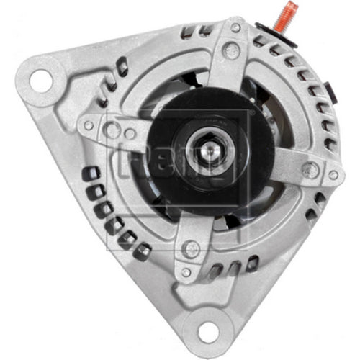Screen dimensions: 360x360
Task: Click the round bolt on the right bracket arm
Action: (310, 170)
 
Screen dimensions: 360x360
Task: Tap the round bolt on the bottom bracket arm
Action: (190, 249)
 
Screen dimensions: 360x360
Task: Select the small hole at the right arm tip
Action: (333, 175)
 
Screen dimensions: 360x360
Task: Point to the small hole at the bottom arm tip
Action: (186, 273)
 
